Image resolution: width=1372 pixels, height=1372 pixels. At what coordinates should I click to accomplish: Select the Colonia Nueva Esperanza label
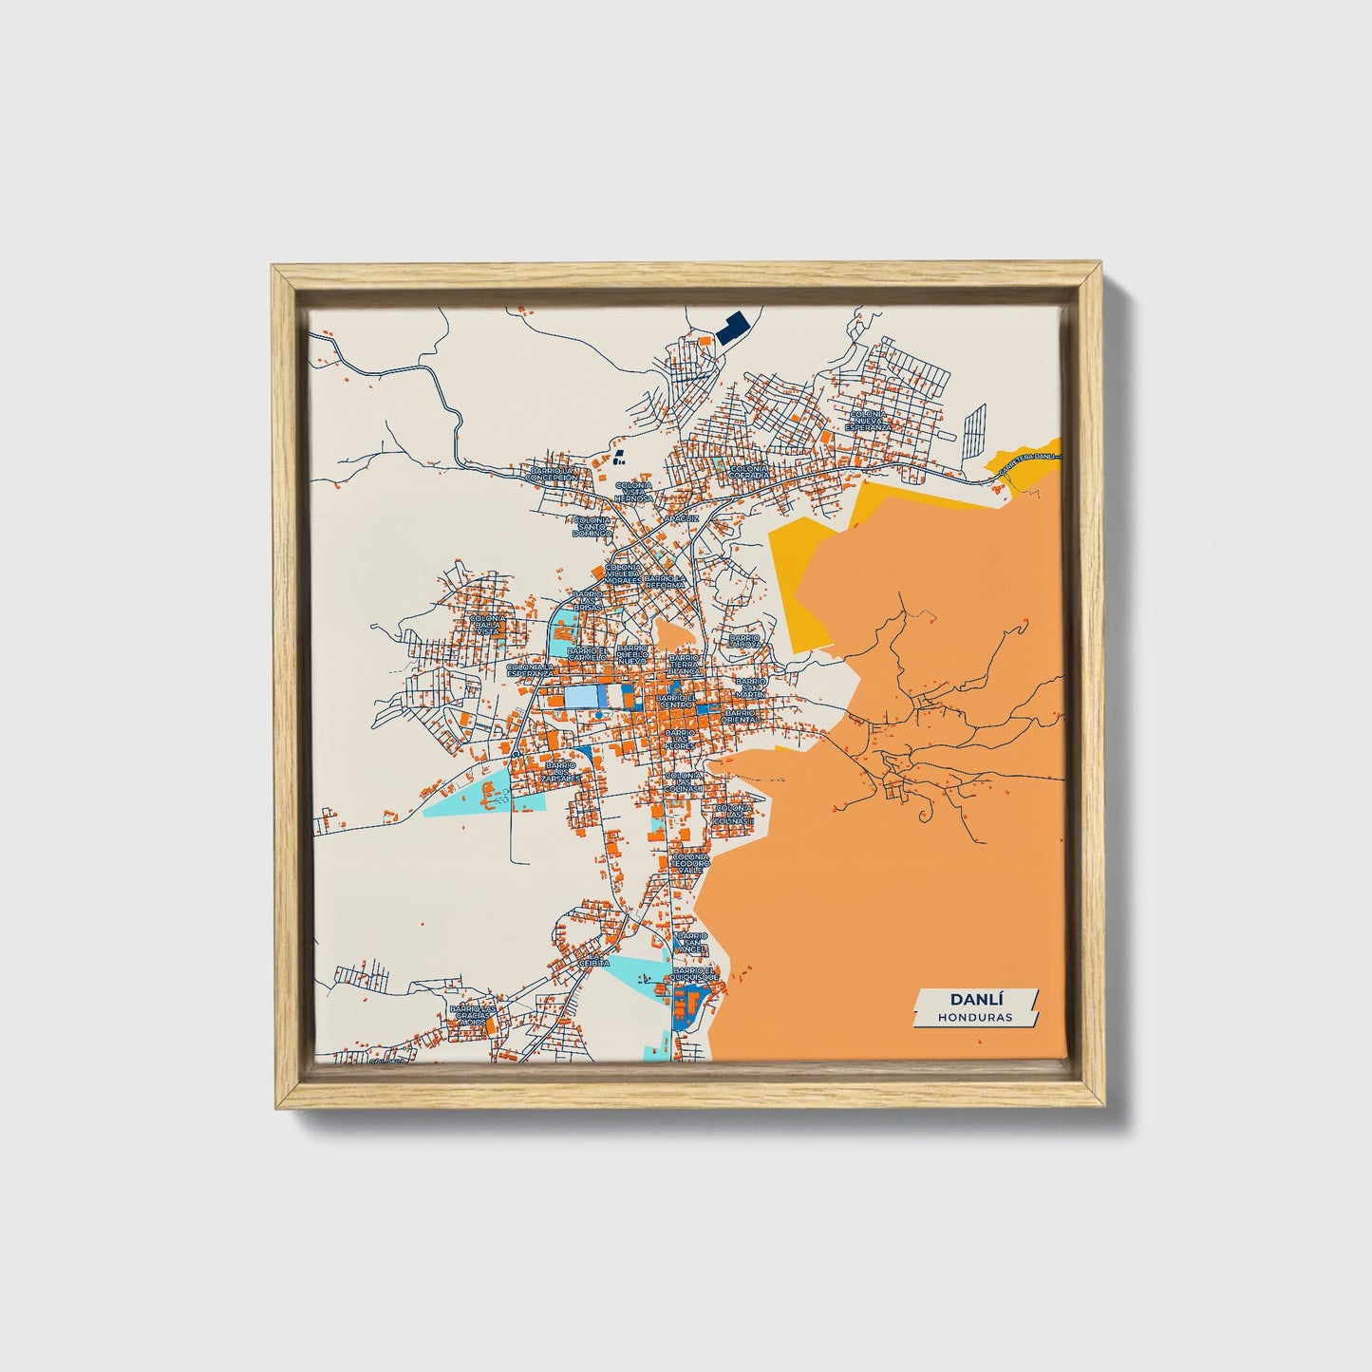[869, 422]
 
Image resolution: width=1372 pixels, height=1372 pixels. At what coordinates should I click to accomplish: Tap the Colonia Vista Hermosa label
[633, 491]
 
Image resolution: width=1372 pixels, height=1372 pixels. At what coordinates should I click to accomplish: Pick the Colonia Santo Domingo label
[593, 527]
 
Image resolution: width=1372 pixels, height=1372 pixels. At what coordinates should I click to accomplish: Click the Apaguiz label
[682, 519]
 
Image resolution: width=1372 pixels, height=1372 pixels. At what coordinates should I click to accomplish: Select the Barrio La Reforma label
[666, 581]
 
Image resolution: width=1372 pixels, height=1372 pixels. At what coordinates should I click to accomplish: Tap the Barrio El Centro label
[676, 702]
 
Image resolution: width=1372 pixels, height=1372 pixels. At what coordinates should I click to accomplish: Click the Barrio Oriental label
[741, 716]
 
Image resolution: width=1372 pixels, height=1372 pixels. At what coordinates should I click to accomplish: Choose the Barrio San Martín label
[751, 686]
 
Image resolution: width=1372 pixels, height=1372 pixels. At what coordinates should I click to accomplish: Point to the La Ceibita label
[594, 963]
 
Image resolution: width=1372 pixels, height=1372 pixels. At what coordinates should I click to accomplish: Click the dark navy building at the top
[732, 329]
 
